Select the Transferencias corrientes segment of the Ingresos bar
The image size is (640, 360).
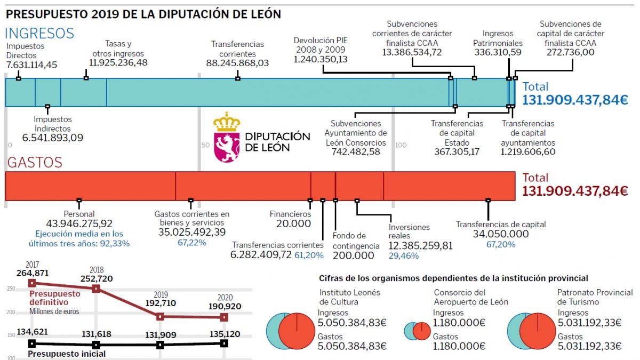(277, 92)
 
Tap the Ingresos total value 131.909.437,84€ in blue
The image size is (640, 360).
(575, 100)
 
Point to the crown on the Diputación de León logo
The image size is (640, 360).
(227, 122)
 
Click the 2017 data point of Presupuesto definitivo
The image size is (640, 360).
(32, 283)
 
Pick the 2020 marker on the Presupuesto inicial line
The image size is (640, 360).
(224, 343)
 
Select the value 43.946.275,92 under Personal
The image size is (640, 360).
(79, 223)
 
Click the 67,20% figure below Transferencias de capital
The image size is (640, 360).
(500, 244)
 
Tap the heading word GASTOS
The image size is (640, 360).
(34, 162)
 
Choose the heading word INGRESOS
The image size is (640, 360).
(39, 33)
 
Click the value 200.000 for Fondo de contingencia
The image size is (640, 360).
(353, 255)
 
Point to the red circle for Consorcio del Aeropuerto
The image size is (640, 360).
(421, 331)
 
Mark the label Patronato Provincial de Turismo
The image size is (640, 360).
(595, 297)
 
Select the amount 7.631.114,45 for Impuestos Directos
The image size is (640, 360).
(31, 65)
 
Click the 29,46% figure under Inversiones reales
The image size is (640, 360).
(403, 255)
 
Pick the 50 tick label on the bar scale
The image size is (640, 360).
(205, 145)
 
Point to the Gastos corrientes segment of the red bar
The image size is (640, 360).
(243, 186)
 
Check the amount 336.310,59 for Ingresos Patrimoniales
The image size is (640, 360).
(497, 52)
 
